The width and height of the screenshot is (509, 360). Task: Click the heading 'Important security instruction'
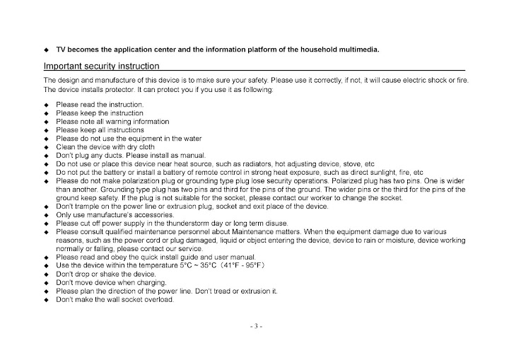[x=100, y=66]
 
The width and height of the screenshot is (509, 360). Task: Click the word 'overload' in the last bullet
[x=158, y=299]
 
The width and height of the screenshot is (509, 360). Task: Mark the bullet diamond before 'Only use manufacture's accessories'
[x=47, y=215]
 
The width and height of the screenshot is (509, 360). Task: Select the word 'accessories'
[x=152, y=214]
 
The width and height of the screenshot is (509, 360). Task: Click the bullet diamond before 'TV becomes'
[x=47, y=50]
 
